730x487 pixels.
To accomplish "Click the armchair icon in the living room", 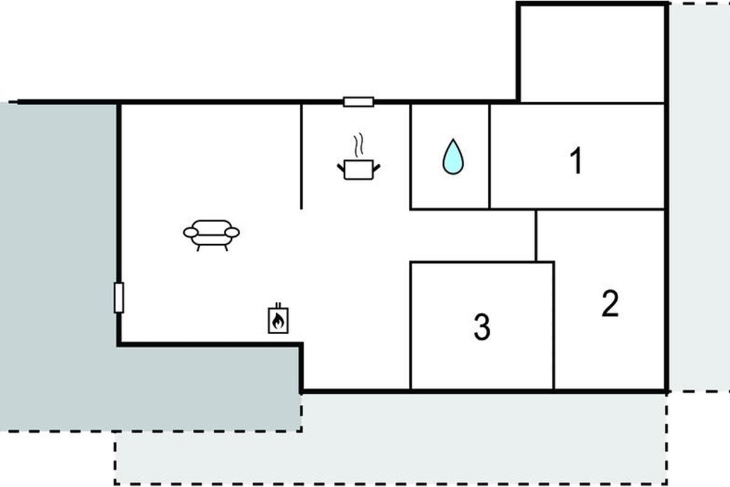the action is (211, 235).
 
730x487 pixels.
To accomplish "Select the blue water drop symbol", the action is (453, 156).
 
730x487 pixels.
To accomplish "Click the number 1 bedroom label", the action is (576, 160).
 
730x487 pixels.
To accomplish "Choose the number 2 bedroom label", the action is (610, 303).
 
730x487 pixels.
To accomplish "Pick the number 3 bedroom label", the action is (482, 327).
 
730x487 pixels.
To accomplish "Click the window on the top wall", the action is (358, 102).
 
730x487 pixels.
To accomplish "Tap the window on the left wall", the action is (119, 298).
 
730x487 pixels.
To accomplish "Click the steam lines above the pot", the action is (358, 145).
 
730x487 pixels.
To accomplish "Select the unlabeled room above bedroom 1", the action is (592, 53).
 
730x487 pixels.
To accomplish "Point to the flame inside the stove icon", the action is (277, 321).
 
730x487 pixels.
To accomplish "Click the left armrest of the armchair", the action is (190, 233).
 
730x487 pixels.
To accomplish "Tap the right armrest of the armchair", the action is (232, 233).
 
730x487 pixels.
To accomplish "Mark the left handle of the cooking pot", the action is (341, 168).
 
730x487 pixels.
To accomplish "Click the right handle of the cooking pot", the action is (377, 168).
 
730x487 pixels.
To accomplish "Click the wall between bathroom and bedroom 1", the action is (490, 156).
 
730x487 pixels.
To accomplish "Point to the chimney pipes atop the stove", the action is (278, 306).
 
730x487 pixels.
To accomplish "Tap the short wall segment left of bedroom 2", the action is (536, 236).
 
